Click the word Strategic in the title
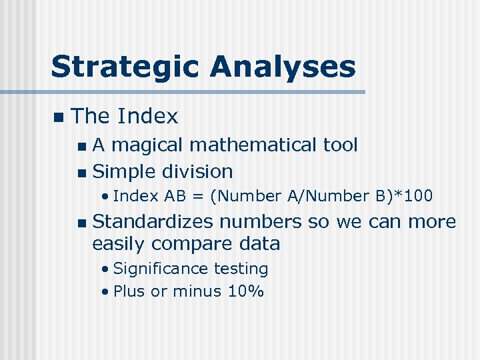click(x=125, y=67)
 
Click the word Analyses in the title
click(x=283, y=67)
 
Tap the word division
click(x=197, y=171)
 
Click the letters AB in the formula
click(x=174, y=196)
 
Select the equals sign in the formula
click(x=199, y=196)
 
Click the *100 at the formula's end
click(x=414, y=196)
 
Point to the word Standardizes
click(x=153, y=221)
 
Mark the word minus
click(x=194, y=291)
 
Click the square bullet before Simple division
click(x=81, y=173)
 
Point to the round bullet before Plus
click(x=106, y=291)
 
